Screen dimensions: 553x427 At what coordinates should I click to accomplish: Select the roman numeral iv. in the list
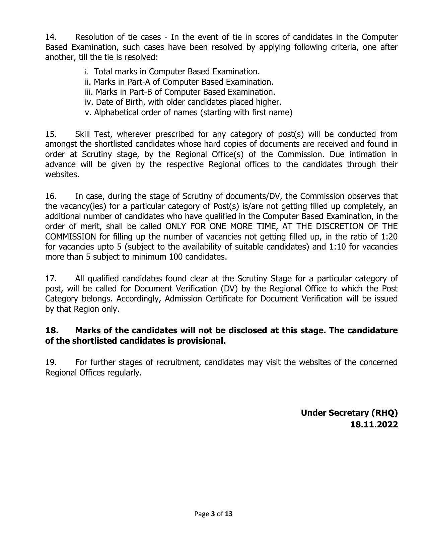[89, 102]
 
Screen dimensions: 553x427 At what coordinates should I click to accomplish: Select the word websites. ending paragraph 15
[62, 175]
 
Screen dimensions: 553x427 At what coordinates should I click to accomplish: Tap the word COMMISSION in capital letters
[70, 236]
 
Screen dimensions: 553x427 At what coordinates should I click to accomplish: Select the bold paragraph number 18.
[52, 330]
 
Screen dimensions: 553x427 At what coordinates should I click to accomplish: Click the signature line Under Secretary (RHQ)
[349, 413]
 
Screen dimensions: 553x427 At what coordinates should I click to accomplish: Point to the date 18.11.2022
[374, 425]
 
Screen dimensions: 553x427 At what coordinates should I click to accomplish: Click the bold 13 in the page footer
[228, 514]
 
